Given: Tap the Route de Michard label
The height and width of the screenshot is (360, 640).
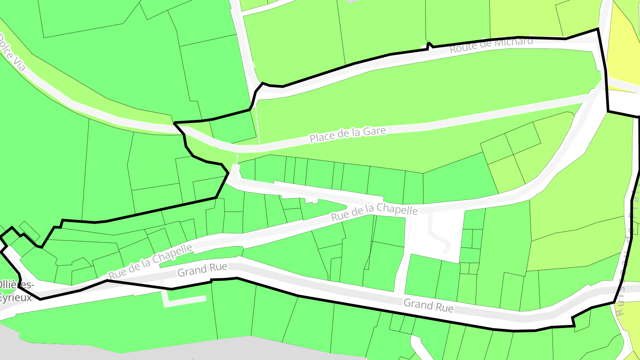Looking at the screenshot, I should [491, 45].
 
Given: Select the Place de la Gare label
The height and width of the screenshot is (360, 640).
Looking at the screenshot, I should [348, 135].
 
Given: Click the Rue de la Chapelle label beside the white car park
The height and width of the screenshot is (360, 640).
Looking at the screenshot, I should [374, 213].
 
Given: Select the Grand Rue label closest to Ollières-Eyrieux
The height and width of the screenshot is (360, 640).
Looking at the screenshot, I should [202, 269].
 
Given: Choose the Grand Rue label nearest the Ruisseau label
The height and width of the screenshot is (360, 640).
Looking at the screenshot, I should [428, 306].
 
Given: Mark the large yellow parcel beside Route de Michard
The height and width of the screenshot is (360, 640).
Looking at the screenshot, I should [624, 53].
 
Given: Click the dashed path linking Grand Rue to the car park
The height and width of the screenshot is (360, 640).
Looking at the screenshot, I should [404, 258].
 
